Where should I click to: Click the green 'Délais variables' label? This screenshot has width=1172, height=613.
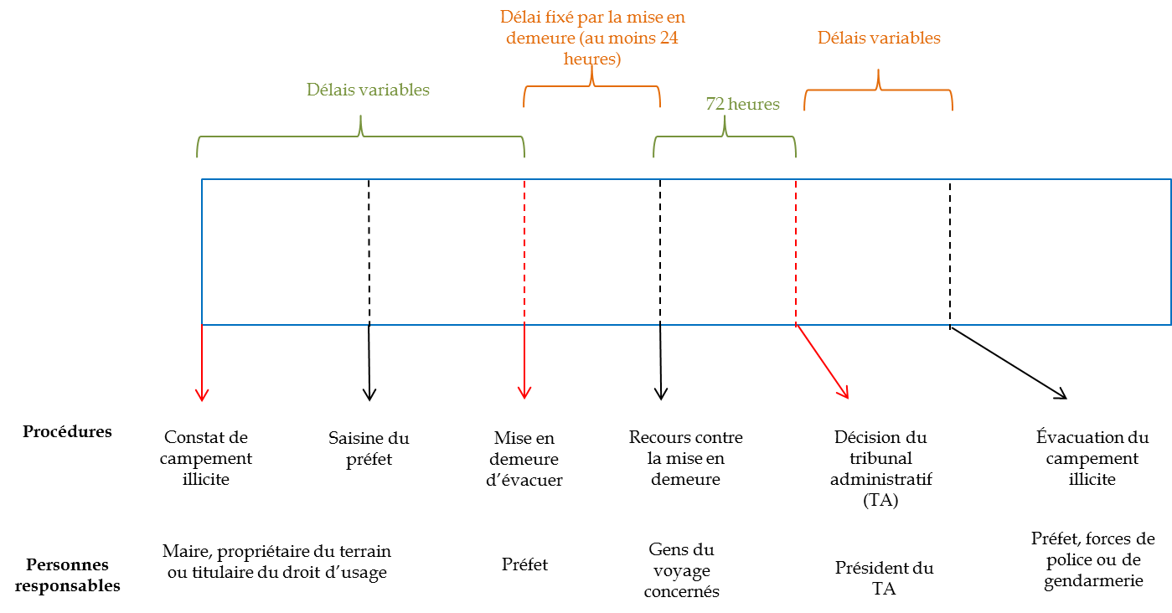pos(368,90)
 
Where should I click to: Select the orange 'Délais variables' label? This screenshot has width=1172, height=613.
pos(879,39)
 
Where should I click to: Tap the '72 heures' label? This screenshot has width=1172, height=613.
pos(742,105)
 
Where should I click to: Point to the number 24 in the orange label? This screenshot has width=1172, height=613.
pos(669,39)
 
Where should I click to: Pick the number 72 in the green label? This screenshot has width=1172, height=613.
pos(715,105)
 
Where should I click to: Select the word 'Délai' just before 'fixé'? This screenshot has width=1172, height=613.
pos(520,17)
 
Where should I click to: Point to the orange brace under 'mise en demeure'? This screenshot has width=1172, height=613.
pos(592,85)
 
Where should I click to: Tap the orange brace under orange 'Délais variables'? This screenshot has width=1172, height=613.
pos(879,89)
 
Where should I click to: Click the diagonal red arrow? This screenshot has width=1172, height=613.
pos(823,362)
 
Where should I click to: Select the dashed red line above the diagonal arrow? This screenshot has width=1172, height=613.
pos(796,251)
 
